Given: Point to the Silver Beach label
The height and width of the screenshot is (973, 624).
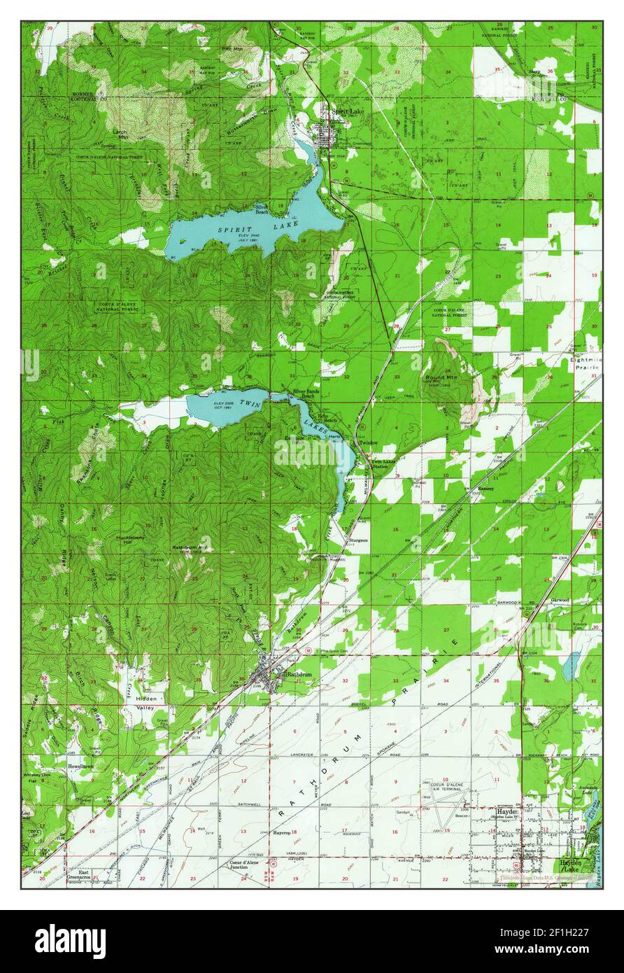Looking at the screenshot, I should point(262,209).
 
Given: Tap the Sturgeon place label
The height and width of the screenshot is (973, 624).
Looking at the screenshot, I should point(358,540).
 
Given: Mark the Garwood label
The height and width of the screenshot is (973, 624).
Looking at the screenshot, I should point(560,600).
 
